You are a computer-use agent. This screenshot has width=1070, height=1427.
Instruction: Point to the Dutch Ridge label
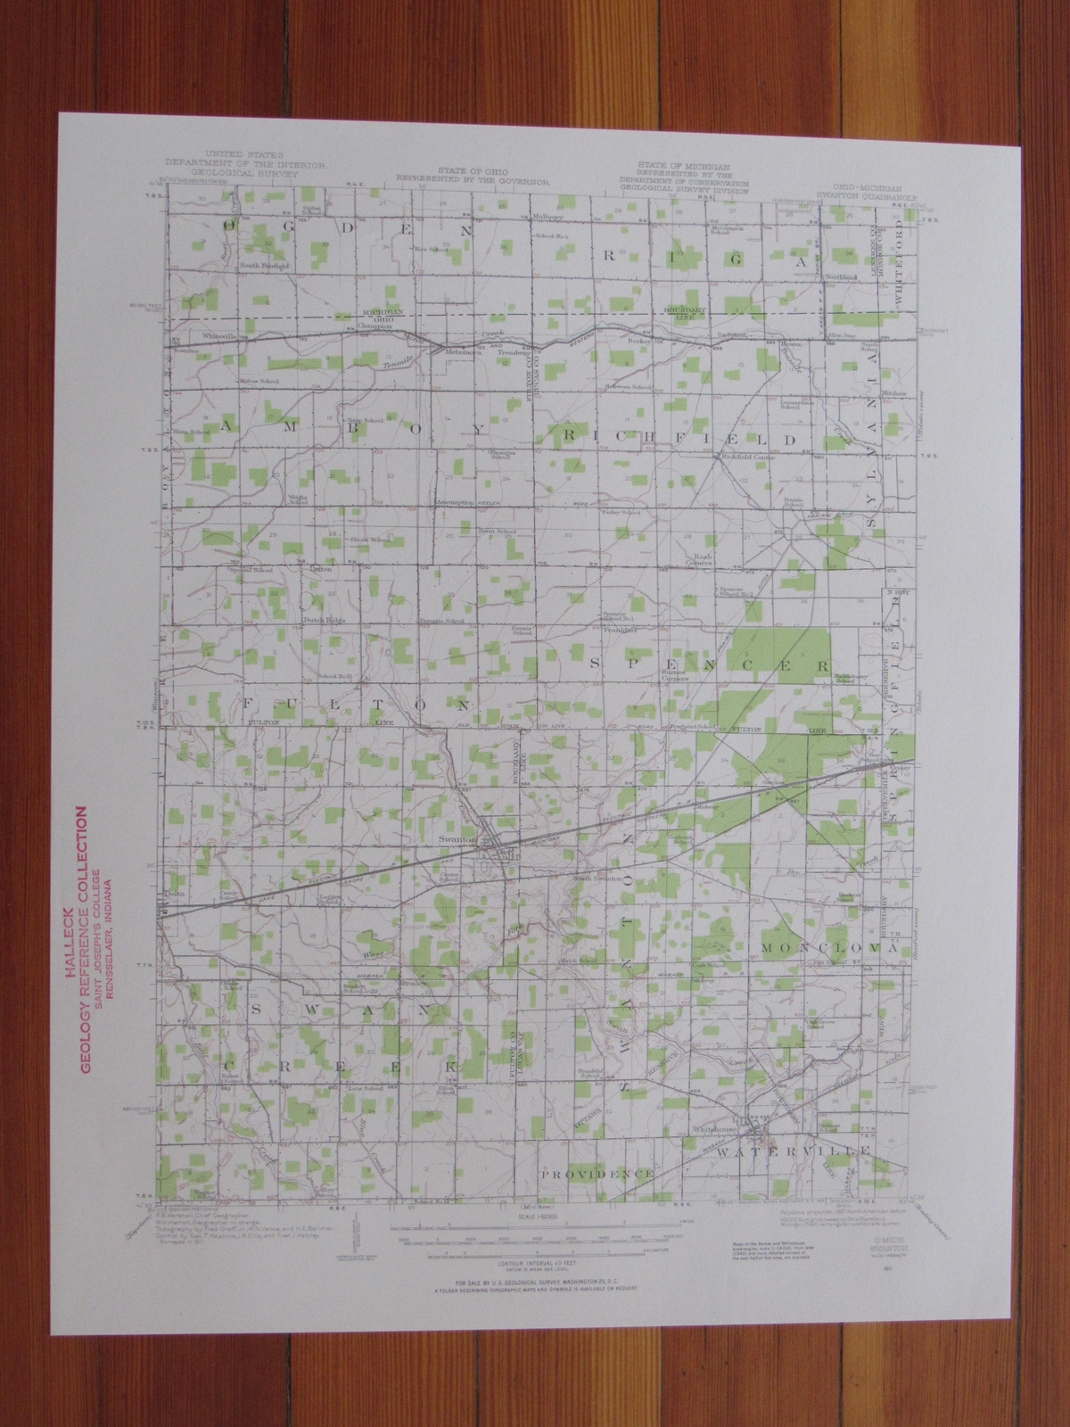point(326,617)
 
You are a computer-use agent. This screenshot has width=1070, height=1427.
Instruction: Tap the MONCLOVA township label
point(827,948)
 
